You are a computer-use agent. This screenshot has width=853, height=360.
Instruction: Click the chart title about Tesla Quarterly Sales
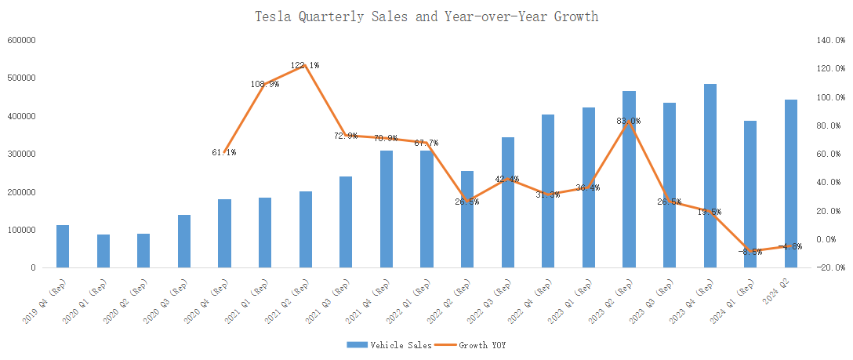(x=426, y=16)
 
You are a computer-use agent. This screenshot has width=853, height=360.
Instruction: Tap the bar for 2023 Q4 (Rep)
(x=710, y=176)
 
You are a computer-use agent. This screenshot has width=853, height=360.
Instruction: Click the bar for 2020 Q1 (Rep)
(x=103, y=251)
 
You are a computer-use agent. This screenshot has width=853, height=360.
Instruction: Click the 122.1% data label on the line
(x=305, y=65)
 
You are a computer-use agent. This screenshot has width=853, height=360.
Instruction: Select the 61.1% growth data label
(x=224, y=152)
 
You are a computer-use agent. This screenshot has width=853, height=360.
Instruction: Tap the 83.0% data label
(x=629, y=121)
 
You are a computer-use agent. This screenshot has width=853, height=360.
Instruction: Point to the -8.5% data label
(x=750, y=252)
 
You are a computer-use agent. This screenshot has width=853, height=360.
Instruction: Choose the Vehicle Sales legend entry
(x=389, y=344)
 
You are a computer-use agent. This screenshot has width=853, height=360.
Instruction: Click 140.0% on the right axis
(x=829, y=40)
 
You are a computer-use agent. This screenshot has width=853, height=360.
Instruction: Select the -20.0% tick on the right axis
(x=829, y=267)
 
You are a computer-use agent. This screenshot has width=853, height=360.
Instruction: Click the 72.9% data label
(x=346, y=136)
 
